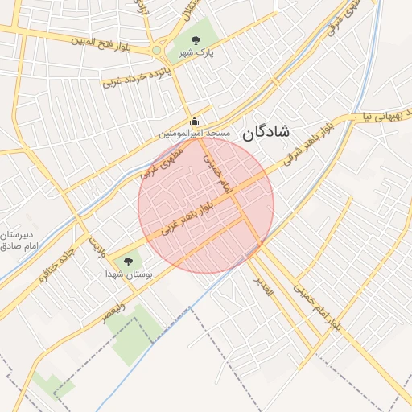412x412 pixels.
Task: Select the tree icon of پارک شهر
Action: tap(195, 40)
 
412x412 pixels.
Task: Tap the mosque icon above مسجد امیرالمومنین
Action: tap(193, 122)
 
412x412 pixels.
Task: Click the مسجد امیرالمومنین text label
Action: tap(194, 132)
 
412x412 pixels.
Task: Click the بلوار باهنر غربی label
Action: tap(187, 216)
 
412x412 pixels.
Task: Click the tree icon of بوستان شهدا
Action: tap(126, 261)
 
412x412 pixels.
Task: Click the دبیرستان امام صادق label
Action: tap(19, 238)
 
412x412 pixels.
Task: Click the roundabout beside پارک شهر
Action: tap(158, 51)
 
